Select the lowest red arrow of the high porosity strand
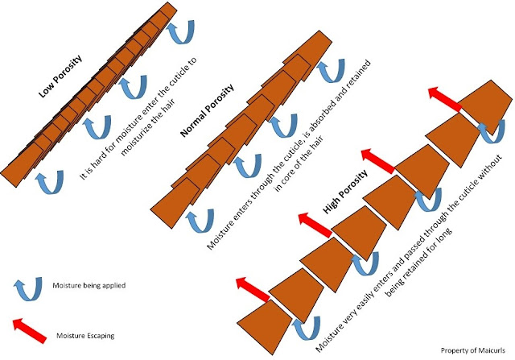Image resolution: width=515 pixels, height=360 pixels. coord(254,283)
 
